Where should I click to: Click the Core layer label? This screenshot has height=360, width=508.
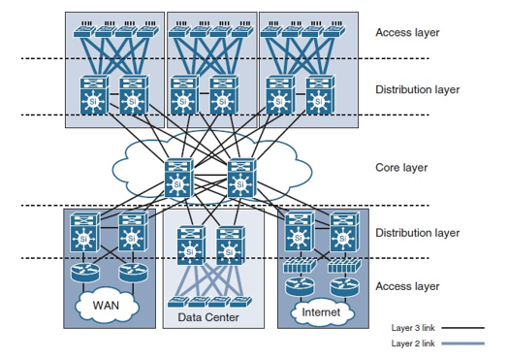401,168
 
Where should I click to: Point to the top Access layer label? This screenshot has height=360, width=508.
407,32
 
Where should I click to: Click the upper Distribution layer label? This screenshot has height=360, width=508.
418,90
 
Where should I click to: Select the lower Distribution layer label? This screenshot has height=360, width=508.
418,233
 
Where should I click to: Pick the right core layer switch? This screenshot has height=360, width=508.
239,177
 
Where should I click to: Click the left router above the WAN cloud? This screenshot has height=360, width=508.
83,274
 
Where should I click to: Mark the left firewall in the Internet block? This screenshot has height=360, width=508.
295,263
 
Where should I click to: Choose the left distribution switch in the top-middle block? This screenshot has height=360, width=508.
182,94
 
